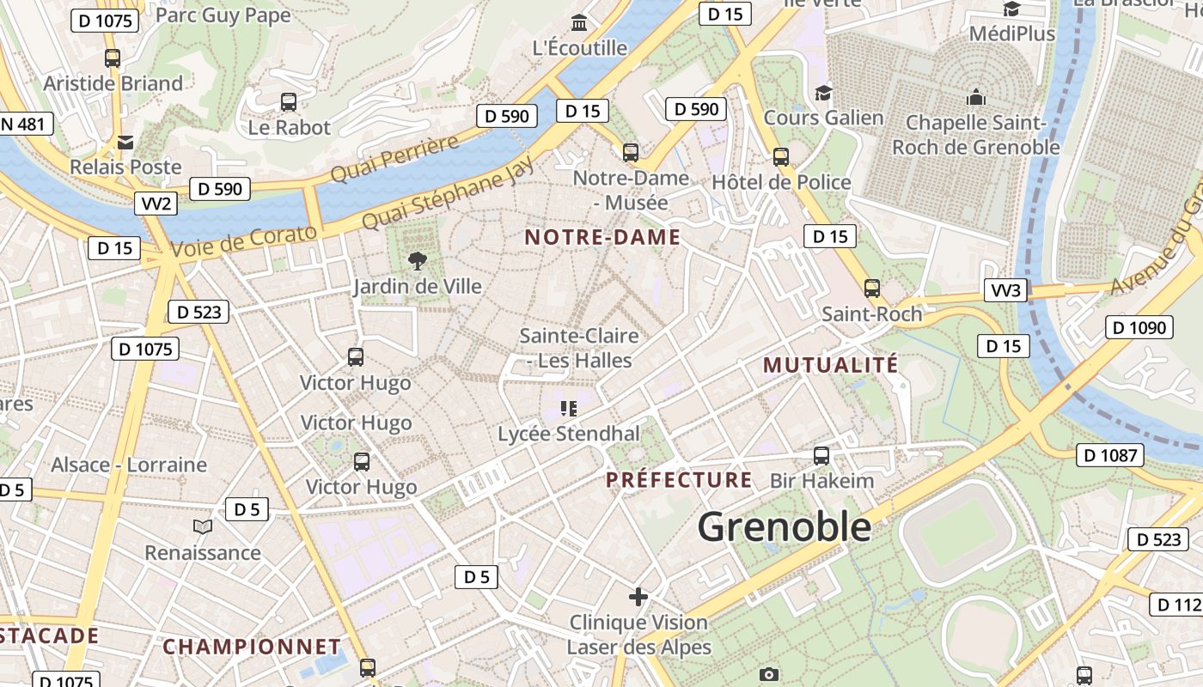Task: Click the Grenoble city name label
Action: (784, 526)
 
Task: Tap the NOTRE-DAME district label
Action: (602, 238)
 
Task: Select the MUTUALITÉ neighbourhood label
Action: (830, 365)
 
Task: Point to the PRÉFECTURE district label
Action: (679, 479)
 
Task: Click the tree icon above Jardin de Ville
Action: (418, 261)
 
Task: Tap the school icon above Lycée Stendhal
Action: (568, 409)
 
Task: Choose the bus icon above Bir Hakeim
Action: (821, 456)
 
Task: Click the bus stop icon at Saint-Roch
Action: (872, 289)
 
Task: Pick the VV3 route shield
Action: (1006, 290)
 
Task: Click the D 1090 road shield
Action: (1139, 327)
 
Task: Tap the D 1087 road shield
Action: (1109, 455)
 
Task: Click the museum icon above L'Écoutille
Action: (579, 22)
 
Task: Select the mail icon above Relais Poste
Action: (125, 142)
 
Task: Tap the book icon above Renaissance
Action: (203, 526)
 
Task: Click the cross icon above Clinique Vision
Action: (638, 596)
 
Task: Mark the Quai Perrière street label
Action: (394, 159)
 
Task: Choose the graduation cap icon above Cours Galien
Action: (823, 93)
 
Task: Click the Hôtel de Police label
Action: (781, 182)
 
